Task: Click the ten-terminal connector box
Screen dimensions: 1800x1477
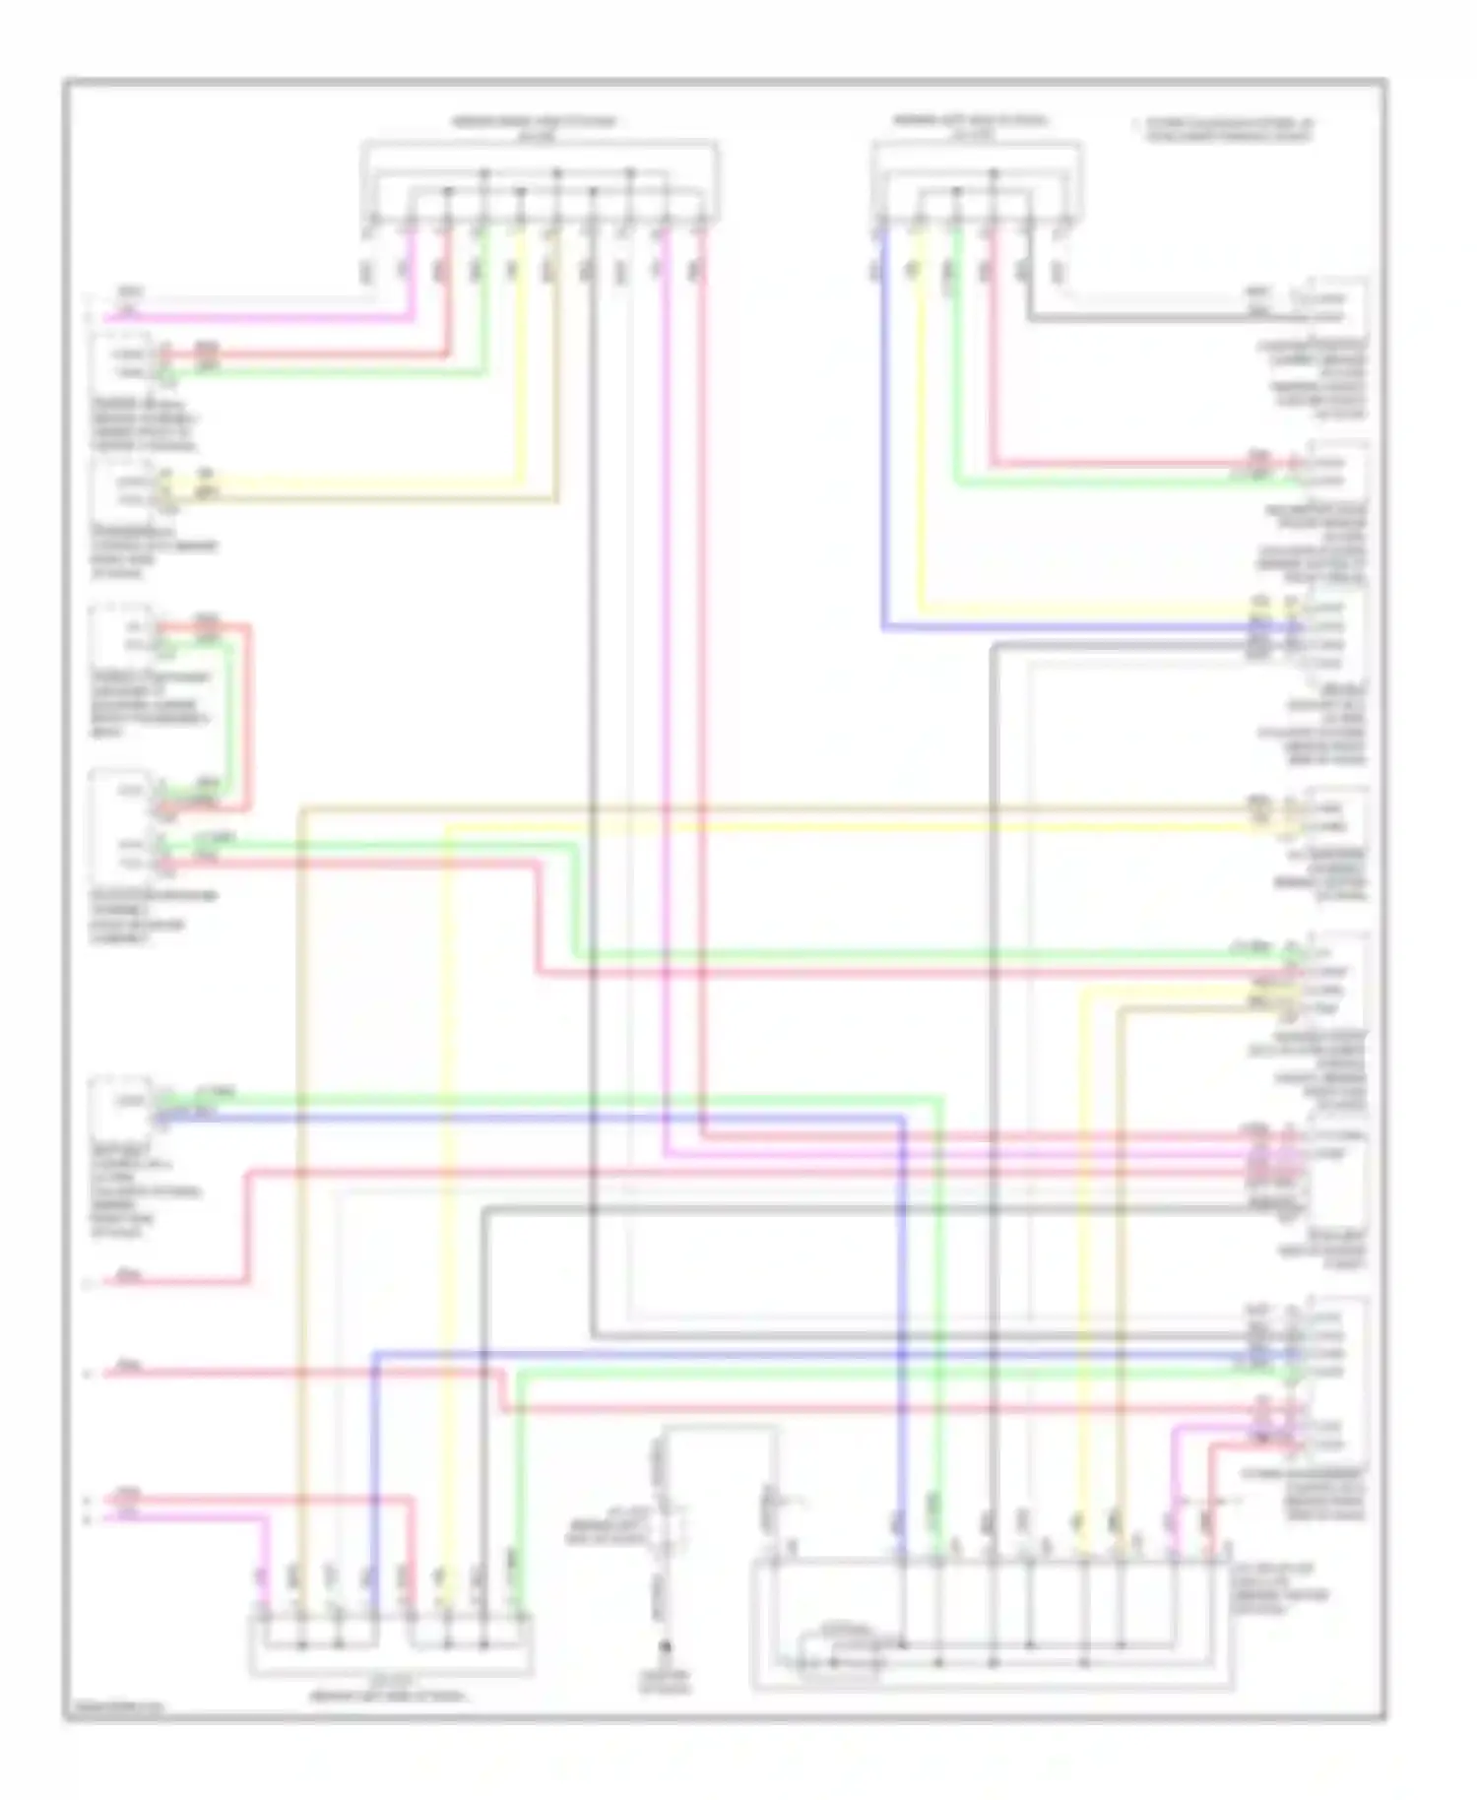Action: [x=539, y=183]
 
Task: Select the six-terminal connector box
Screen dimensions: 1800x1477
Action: [x=977, y=183]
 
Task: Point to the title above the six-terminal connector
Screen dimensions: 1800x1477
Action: [x=970, y=126]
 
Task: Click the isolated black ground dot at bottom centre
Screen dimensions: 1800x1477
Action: [x=667, y=1645]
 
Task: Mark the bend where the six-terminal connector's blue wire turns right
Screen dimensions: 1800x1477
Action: [x=883, y=626]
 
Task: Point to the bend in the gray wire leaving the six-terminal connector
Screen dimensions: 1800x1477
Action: [x=1030, y=318]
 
